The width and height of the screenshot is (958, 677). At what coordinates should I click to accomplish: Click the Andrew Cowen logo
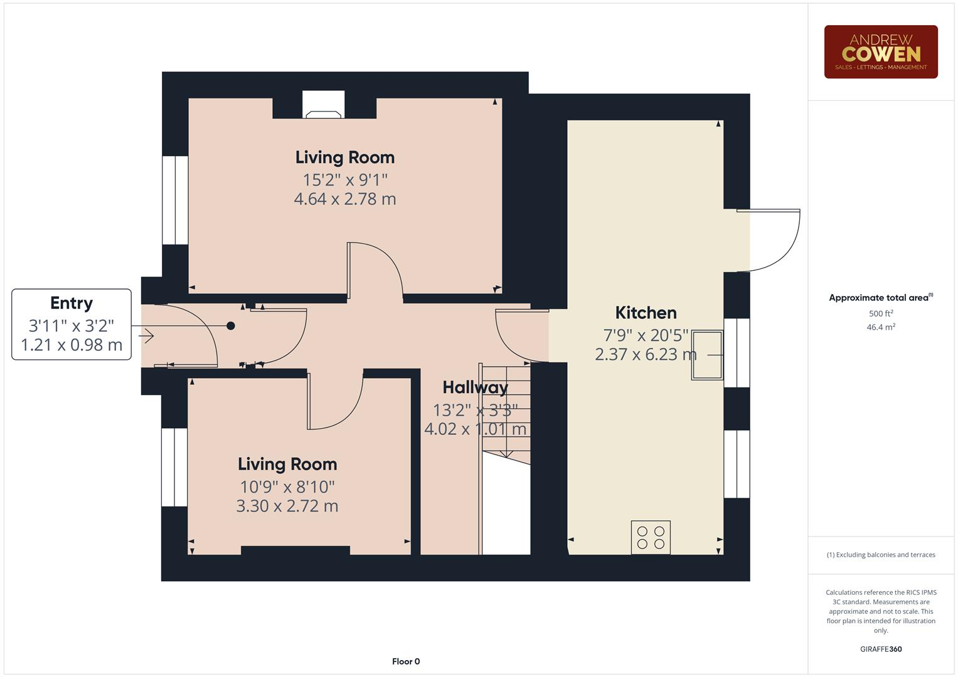pos(880,52)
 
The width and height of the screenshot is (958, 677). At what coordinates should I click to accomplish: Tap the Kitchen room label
pos(646,313)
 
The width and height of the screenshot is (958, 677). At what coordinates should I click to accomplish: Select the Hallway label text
pos(475,387)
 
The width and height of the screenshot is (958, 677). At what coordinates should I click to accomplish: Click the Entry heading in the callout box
pos(72,303)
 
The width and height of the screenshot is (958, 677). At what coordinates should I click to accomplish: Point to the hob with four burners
pos(651,538)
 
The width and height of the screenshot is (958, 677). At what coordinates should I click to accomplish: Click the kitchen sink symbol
pos(707,355)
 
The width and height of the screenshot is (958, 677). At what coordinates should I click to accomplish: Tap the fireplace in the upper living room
pos(324,105)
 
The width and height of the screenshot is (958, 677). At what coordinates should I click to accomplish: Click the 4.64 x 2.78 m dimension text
pos(345,199)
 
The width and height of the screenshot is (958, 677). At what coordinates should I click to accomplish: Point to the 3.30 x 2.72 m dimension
pos(287,506)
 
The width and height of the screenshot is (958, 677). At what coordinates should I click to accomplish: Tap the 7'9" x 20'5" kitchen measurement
pos(646,335)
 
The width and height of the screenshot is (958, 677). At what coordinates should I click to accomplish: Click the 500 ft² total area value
pos(881,313)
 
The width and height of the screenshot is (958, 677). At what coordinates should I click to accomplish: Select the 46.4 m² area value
pos(881,327)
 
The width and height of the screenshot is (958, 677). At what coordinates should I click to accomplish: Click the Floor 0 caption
pos(406,661)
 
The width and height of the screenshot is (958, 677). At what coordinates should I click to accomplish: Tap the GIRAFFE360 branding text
pos(881,649)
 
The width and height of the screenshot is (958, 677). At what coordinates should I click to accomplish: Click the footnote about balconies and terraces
pos(881,555)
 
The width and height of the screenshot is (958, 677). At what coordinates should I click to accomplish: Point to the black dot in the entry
pos(231,326)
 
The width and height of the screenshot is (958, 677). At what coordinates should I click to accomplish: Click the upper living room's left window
pos(175,200)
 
